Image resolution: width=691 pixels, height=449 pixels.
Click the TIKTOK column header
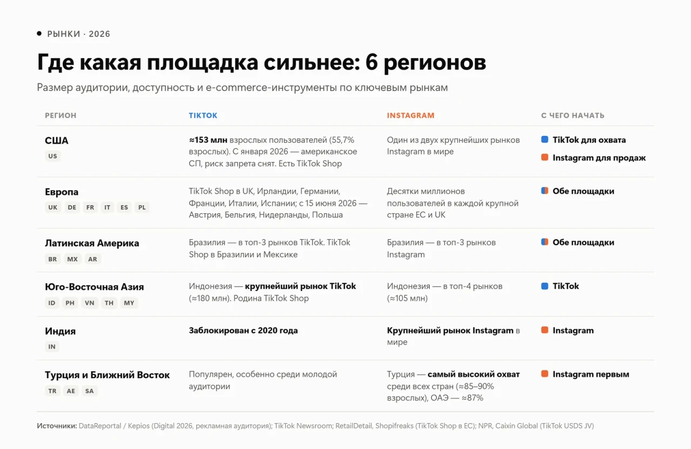tap(203, 115)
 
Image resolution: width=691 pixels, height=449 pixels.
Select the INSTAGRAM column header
tap(411, 115)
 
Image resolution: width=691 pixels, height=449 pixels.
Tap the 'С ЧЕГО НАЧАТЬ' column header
tap(573, 115)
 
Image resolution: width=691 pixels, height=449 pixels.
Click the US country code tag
tap(53, 156)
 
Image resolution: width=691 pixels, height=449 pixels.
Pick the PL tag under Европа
tap(142, 207)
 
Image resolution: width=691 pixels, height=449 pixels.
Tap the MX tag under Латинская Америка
tap(72, 259)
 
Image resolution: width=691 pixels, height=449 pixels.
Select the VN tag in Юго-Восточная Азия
tap(90, 303)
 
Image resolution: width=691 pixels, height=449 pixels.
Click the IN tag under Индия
tap(52, 346)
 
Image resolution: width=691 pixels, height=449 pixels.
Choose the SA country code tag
tap(90, 391)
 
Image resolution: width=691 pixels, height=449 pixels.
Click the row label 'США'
tap(57, 141)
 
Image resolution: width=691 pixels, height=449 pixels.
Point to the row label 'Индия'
tap(60, 331)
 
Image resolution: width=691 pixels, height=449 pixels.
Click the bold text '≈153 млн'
tap(208, 140)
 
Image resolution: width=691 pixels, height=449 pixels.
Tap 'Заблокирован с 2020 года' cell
tap(243, 331)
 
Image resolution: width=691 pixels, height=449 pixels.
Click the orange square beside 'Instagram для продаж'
tap(545, 157)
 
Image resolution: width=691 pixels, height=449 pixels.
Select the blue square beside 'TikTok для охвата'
tap(545, 139)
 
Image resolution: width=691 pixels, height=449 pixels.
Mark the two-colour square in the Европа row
tap(545, 191)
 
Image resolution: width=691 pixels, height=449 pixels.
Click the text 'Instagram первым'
tap(591, 375)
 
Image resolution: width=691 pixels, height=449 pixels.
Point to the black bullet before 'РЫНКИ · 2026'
tap(39, 33)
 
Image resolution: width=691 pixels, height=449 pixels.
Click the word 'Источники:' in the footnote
tap(57, 426)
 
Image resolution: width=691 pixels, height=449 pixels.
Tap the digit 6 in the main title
tap(371, 62)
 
